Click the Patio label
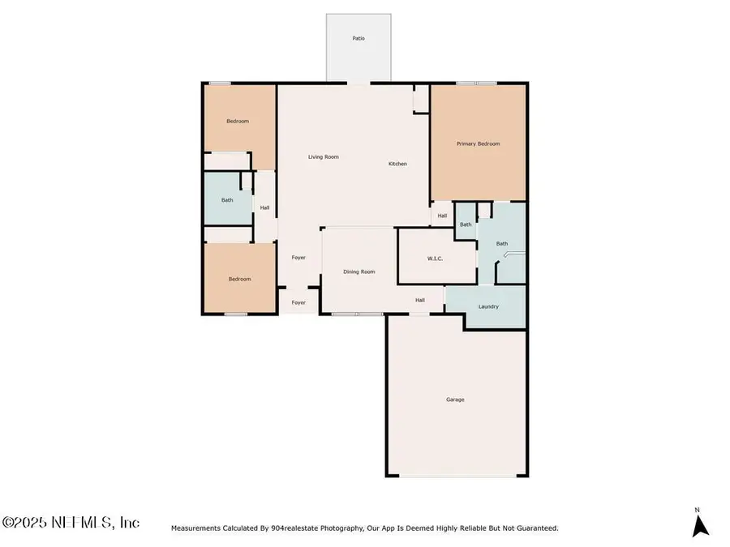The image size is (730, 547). pyautogui.click(x=358, y=38)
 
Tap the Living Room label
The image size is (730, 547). pyautogui.click(x=323, y=156)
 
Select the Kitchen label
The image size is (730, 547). pyautogui.click(x=397, y=164)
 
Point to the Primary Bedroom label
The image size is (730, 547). pyautogui.click(x=478, y=143)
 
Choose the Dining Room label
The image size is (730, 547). pyautogui.click(x=358, y=271)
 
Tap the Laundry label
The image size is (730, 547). pyautogui.click(x=488, y=306)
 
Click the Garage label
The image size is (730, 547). pyautogui.click(x=455, y=399)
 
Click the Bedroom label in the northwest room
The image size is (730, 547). pyautogui.click(x=238, y=121)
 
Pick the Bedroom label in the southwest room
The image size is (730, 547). pyautogui.click(x=239, y=279)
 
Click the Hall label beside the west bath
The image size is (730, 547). pyautogui.click(x=264, y=207)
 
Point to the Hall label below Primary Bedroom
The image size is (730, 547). pyautogui.click(x=442, y=216)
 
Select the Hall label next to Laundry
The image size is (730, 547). pyautogui.click(x=420, y=300)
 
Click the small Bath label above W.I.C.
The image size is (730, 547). pyautogui.click(x=466, y=224)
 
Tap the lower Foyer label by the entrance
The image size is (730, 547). pyautogui.click(x=298, y=302)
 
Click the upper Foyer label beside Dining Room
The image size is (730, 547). pyautogui.click(x=298, y=257)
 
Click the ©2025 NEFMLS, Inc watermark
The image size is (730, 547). pyautogui.click(x=71, y=523)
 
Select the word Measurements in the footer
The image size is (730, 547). pyautogui.click(x=195, y=528)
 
